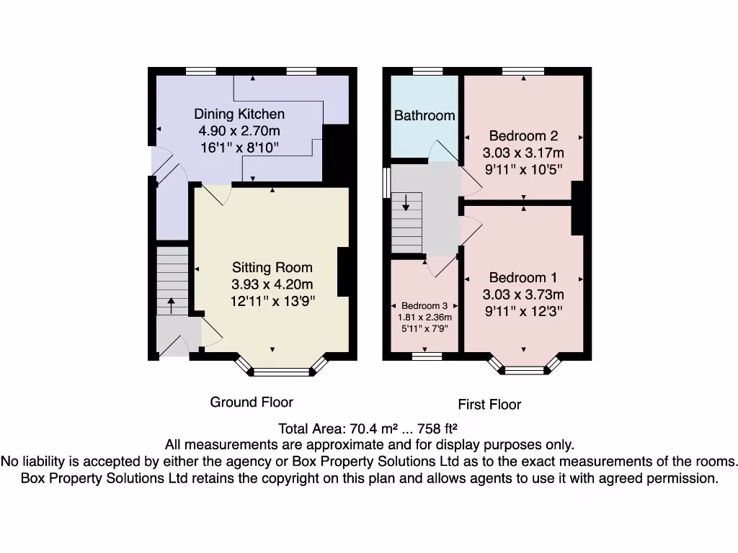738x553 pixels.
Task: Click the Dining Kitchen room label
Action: [239, 114]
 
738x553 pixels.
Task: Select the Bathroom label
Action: [424, 115]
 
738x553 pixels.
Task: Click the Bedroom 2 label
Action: [523, 136]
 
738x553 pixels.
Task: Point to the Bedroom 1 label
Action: [523, 278]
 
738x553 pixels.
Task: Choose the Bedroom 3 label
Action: [425, 306]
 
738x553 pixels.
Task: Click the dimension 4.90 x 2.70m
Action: [239, 131]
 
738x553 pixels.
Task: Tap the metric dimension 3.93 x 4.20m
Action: [272, 284]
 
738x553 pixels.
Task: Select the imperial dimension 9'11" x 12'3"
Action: [523, 311]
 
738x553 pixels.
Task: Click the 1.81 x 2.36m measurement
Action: [425, 318]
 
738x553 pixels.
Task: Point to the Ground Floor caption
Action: [252, 402]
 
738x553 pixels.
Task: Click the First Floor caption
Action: [489, 404]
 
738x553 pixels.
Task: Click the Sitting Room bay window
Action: [281, 372]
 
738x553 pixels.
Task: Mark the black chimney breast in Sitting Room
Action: [344, 271]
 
